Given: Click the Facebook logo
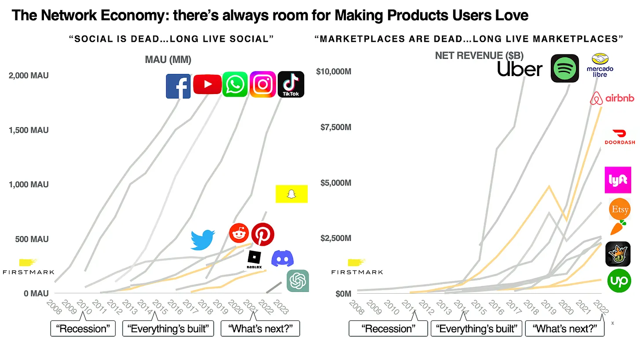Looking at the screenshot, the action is coord(178,86).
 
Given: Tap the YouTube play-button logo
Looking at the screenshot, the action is coord(207,84).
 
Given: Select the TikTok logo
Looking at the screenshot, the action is coord(291,84).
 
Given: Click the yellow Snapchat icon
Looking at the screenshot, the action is coord(291,194).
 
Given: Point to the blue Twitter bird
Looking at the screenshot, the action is coord(203,240).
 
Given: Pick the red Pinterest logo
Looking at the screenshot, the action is coord(263,234).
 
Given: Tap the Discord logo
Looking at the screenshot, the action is coord(282,258).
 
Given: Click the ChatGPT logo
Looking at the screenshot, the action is coord(298,281).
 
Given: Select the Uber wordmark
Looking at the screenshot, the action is coord(520,69).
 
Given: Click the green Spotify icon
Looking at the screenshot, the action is coord(564,68).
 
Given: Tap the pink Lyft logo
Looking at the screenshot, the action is coord(618,180).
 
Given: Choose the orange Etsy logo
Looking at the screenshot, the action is coord(620,209).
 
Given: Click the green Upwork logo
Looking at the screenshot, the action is coord(619,280).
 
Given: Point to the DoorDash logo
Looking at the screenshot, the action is coord(620,137).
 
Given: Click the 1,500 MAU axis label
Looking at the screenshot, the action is coord(29,130).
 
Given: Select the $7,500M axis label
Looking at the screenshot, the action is coord(336,127).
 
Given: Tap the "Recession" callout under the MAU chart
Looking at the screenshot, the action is coord(83,329).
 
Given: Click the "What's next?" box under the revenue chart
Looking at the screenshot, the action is coord(565,329).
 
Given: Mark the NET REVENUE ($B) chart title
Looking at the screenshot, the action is coord(479,55).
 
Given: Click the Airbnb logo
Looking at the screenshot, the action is coord(612,98).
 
